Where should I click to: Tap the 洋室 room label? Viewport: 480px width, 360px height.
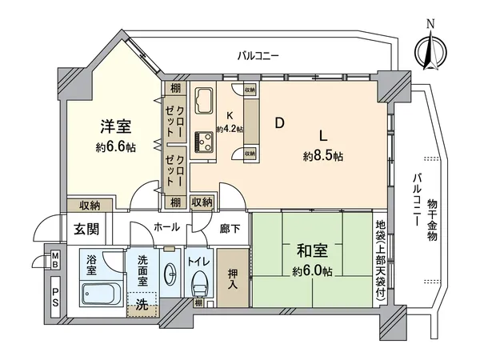pos(116,126)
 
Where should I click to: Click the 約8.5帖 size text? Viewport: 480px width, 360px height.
pos(324,156)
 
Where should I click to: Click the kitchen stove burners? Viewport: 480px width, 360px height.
pos(202,142)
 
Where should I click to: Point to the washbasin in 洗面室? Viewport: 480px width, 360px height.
pos(170,274)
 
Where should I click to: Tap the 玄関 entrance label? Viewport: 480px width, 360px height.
pos(87,230)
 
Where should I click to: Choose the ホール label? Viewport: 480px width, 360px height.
pos(166,227)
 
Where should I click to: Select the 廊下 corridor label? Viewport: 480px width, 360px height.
pos(230,229)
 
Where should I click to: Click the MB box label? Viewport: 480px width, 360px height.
pos(56,259)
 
